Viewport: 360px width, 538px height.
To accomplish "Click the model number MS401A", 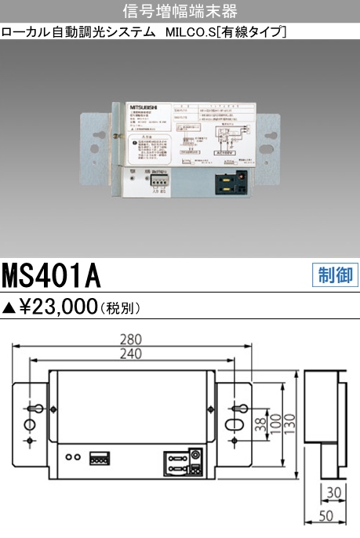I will [52, 275].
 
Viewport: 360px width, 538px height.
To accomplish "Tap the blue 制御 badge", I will [335, 274].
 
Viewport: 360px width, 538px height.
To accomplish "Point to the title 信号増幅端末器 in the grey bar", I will [180, 11].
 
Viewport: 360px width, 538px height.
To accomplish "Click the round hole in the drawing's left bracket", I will [29, 424].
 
